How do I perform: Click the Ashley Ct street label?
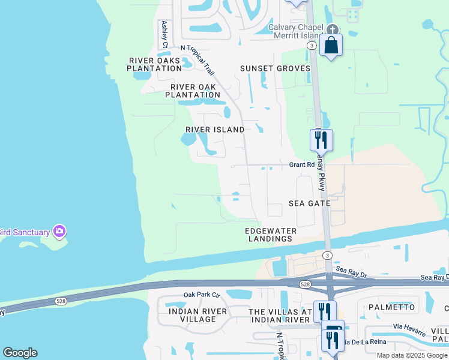[x=164, y=34]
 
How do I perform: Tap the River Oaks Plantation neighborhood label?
[x=154, y=64]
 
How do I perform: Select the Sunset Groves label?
[x=276, y=68]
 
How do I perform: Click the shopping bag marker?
[x=331, y=45]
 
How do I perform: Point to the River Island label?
[x=215, y=130]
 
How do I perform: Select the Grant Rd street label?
[x=302, y=164]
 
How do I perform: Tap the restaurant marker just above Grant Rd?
[x=321, y=140]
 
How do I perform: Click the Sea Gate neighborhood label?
[x=310, y=204]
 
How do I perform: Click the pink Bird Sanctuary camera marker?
[x=59, y=231]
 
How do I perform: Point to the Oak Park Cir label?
[x=202, y=295]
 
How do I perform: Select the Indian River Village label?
[x=198, y=315]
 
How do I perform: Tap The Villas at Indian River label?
[x=281, y=316]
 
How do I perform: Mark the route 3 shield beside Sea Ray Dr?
[x=327, y=256]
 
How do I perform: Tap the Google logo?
[x=20, y=353]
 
